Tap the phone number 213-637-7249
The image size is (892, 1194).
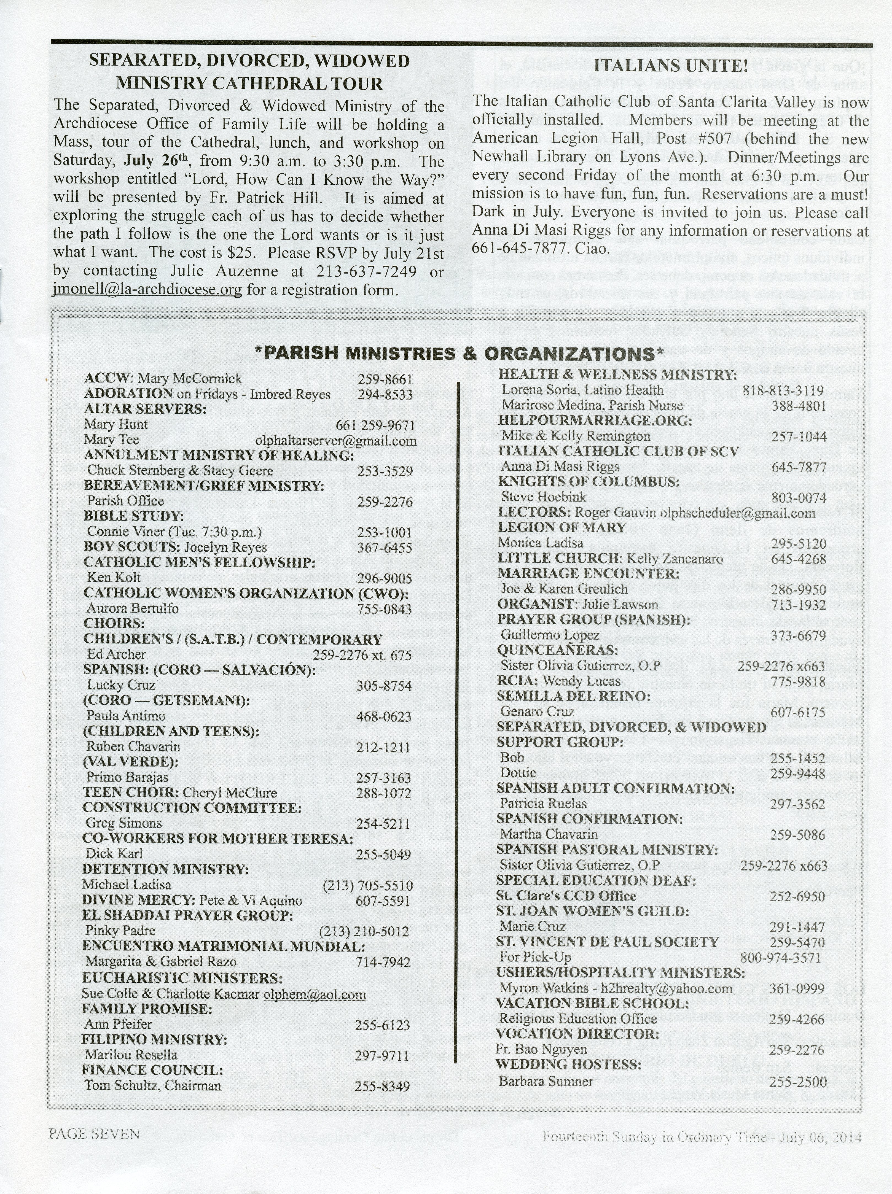[x=366, y=271]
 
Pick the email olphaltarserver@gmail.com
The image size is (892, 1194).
[x=336, y=440]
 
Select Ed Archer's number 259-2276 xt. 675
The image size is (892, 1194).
[x=362, y=655]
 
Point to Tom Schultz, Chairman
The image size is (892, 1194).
[x=153, y=1085]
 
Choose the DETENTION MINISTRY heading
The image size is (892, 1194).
[x=165, y=870]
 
